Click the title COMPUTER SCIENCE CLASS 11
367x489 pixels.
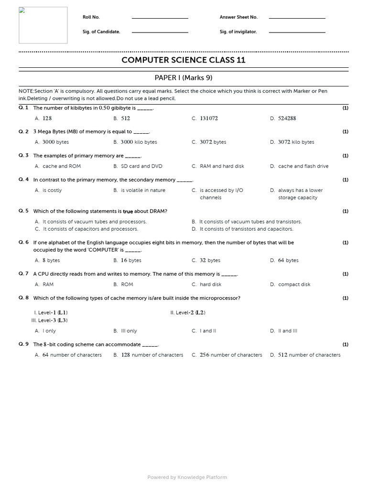click(183, 60)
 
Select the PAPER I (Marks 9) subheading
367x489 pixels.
click(183, 78)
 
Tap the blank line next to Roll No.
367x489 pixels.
click(160, 18)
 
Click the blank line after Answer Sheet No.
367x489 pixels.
click(297, 18)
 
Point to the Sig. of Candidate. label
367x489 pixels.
click(101, 32)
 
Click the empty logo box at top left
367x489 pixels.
click(43, 25)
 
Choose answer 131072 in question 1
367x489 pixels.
click(208, 118)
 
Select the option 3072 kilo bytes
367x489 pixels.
click(296, 142)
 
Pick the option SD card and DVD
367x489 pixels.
click(141, 167)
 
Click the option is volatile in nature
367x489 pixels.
click(143, 191)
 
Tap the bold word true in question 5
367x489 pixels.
click(128, 212)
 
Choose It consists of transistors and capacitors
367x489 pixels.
click(246, 229)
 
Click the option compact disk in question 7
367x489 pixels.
click(294, 285)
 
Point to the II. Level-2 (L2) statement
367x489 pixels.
click(188, 313)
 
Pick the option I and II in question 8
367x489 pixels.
click(208, 331)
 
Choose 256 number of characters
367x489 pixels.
click(231, 355)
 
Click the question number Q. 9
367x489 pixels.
click(24, 344)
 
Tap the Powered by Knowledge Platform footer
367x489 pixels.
click(187, 477)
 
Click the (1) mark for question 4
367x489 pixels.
click(345, 180)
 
